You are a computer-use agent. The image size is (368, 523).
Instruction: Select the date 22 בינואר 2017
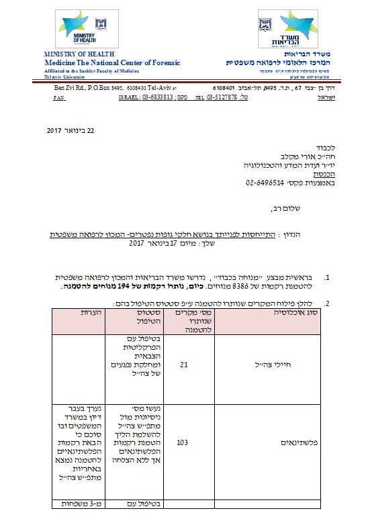click(72, 129)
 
